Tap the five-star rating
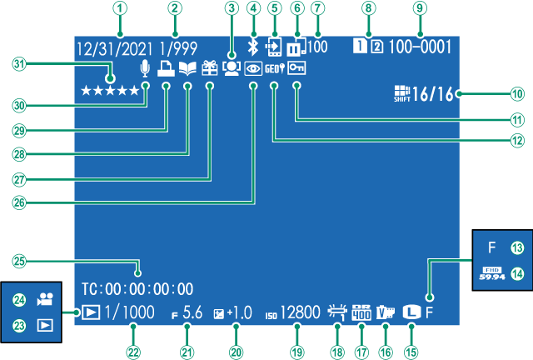click(110, 89)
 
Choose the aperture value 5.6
click(192, 313)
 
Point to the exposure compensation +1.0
click(237, 313)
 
